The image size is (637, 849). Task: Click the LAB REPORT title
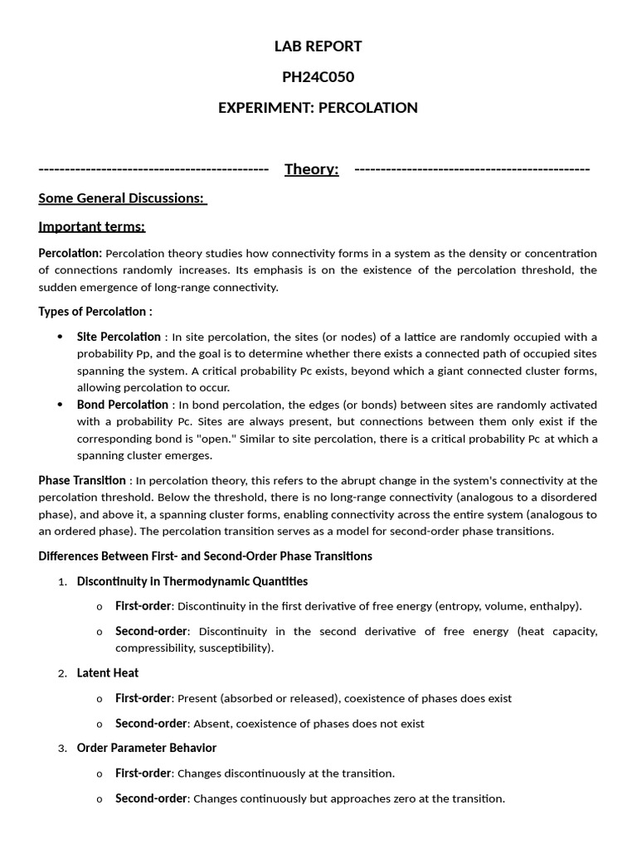tap(318, 46)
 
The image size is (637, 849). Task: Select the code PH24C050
tap(318, 77)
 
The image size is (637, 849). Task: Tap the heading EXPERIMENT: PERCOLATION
tap(318, 108)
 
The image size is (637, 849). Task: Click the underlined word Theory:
tap(311, 169)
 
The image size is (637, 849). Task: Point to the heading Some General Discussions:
tap(122, 198)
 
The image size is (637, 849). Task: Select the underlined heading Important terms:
tap(91, 226)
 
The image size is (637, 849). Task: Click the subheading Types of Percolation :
tap(95, 312)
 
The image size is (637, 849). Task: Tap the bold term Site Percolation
tap(119, 337)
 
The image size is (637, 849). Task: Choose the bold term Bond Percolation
tap(122, 405)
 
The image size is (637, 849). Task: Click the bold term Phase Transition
tap(82, 480)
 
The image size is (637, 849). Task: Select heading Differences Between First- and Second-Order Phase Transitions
tap(205, 555)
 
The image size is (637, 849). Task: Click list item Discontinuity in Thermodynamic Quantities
tap(192, 581)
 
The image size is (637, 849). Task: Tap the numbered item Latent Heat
tap(108, 672)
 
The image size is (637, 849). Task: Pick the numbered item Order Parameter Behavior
tap(146, 748)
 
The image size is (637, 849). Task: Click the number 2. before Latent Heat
tap(62, 673)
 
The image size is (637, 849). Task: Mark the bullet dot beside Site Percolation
tap(60, 337)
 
